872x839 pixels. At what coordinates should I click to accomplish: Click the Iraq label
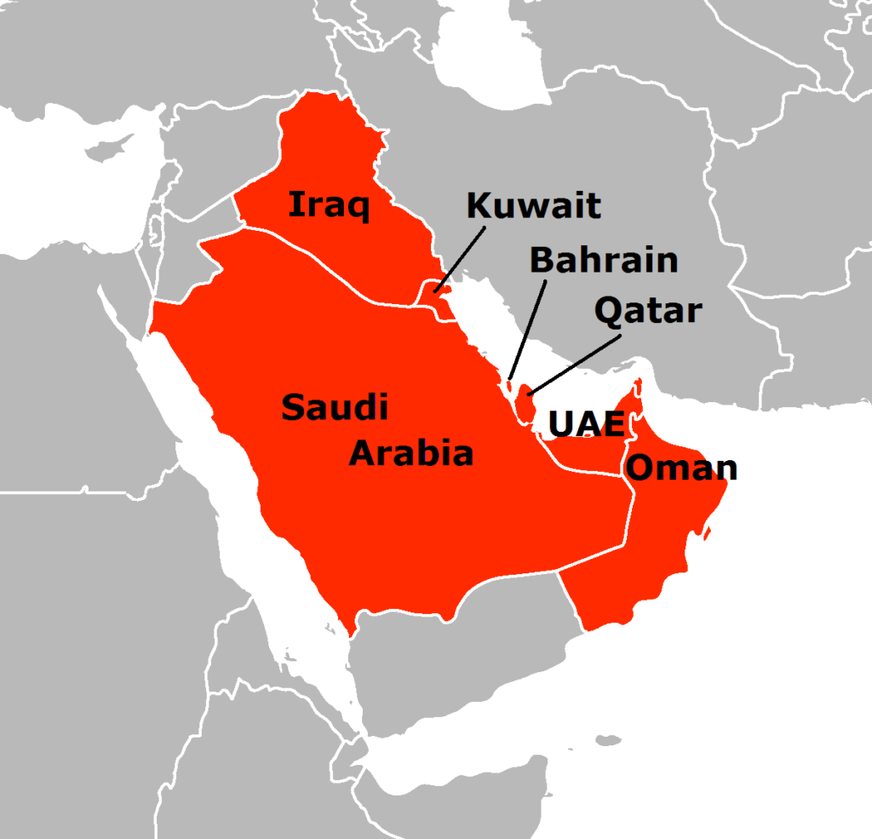(329, 205)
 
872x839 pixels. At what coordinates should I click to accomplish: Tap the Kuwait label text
(534, 205)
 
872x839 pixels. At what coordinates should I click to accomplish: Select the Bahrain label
(604, 259)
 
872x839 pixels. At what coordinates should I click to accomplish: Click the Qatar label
(648, 311)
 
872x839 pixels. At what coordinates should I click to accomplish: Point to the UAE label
(587, 423)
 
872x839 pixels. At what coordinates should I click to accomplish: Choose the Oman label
(680, 468)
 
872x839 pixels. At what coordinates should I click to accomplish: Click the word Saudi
(335, 408)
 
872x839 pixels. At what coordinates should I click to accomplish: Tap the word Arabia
(411, 453)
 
